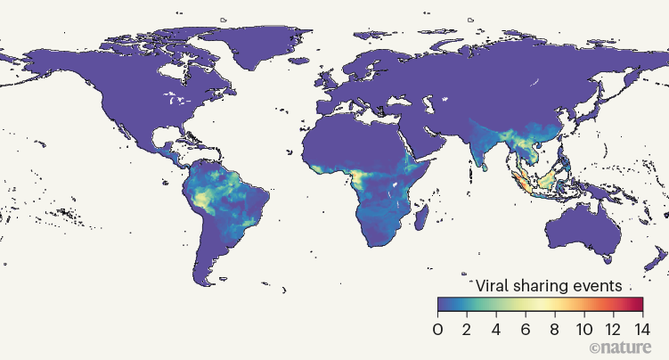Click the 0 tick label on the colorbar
(437, 327)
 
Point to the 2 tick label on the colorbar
(467, 327)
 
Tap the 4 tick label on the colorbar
(496, 327)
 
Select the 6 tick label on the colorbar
(526, 327)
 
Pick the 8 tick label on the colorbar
(555, 327)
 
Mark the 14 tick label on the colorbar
(640, 327)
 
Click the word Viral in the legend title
(495, 286)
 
